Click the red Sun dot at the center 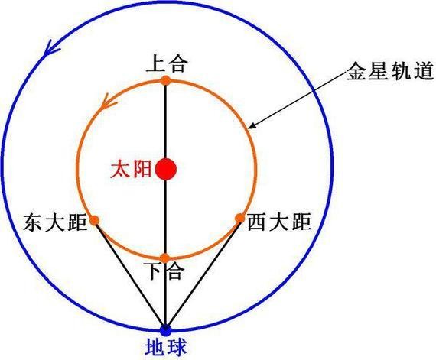point(166,169)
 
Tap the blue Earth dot point(166,329)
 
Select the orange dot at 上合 point(166,80)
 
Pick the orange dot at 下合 point(165,258)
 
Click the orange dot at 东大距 point(95,220)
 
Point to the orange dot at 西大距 point(239,219)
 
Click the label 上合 point(165,64)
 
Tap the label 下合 point(166,271)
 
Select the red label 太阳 point(131,170)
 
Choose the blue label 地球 point(166,347)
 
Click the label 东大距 point(55,222)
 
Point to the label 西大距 point(279,222)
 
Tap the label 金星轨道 point(390,71)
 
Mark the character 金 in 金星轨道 point(356,71)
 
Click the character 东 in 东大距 point(34,222)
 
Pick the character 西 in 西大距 point(258,222)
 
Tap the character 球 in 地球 point(177,347)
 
